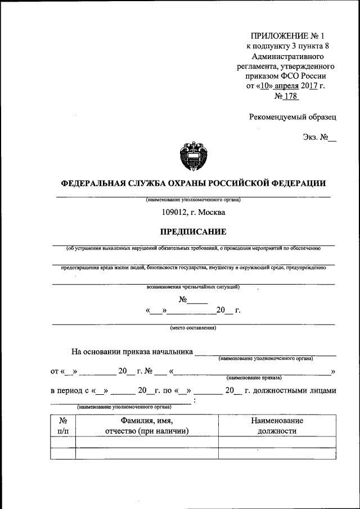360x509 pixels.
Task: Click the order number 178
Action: pos(290,97)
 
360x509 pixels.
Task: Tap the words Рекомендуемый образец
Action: pos(292,117)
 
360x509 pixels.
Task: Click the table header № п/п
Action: pos(63,426)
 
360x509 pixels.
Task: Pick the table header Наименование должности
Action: pos(277,426)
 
